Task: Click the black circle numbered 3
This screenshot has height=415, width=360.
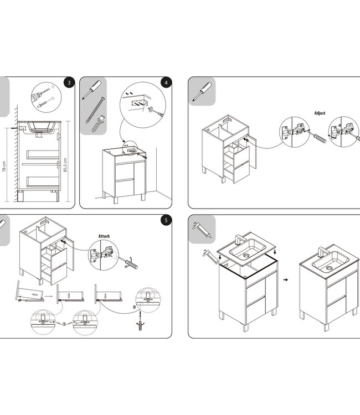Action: coord(68,83)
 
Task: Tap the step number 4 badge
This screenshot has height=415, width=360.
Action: coord(165,83)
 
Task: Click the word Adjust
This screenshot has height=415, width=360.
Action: coord(320,113)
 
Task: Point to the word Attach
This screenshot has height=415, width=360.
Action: coord(104,236)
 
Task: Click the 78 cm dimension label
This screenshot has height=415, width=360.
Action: coord(4,167)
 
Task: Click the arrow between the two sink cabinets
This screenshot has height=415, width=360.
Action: coord(285,280)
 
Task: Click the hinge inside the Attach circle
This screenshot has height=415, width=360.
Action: coord(104,255)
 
